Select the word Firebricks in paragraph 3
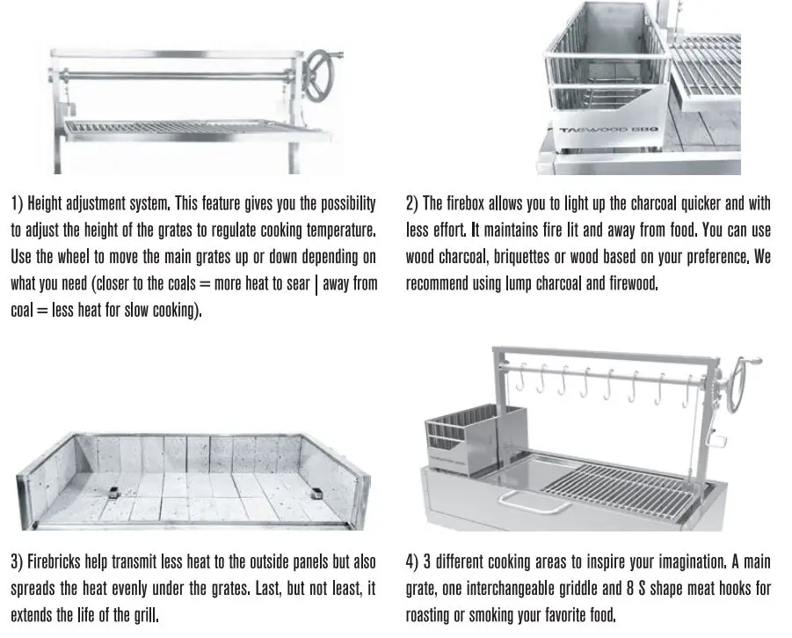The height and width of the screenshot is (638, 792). point(57,561)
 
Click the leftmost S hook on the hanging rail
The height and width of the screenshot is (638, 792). point(520,381)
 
